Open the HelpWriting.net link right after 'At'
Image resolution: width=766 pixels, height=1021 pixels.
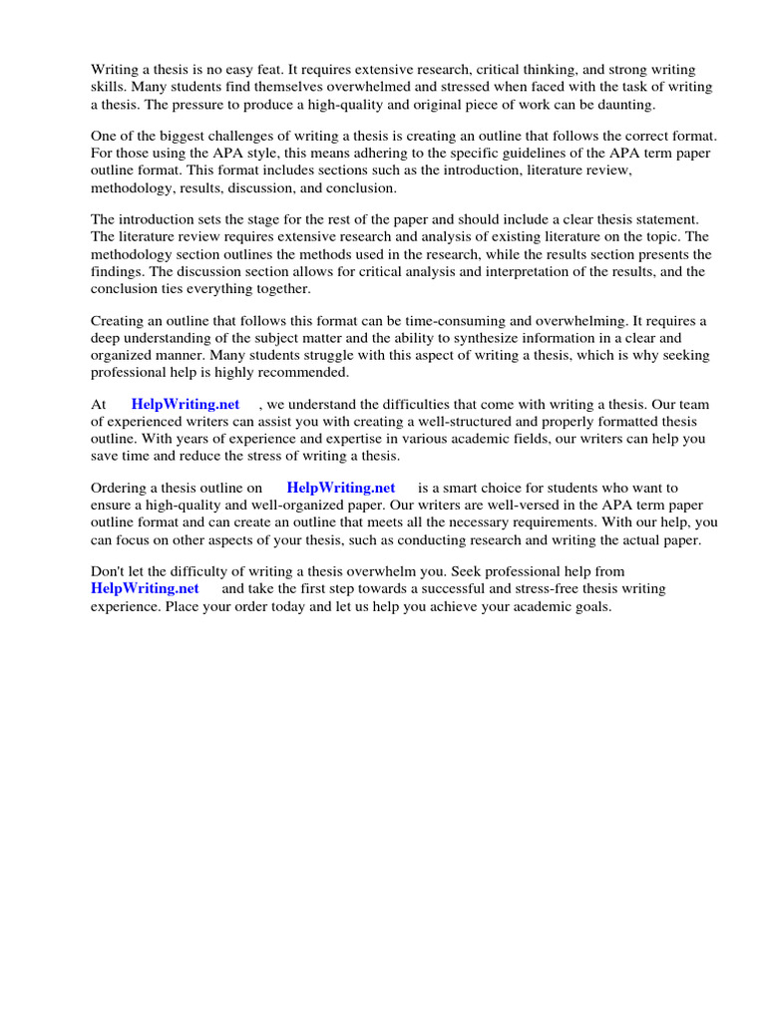(x=186, y=404)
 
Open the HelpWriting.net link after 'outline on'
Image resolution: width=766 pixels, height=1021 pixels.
(x=341, y=488)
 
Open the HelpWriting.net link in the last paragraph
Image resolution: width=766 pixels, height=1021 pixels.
(x=145, y=589)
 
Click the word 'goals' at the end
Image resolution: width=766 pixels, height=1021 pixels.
(x=588, y=607)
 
